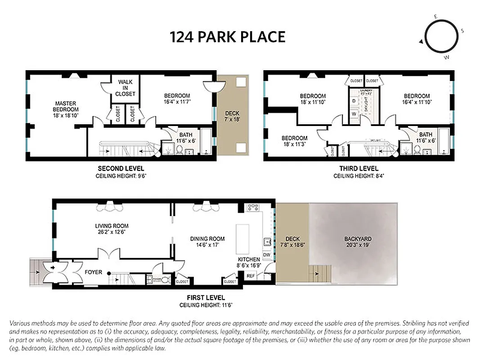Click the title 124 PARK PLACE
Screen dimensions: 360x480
228,36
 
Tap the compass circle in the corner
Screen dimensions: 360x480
441,37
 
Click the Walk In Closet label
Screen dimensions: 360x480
125,88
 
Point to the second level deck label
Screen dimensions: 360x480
232,116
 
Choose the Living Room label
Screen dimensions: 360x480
112,229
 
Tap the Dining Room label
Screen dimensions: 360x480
207,242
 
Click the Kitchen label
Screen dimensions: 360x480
249,262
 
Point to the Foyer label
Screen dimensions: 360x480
93,272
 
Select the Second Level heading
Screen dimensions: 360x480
121,169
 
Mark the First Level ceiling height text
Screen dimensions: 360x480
206,305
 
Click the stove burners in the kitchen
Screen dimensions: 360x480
253,207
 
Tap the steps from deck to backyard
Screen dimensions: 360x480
320,272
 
